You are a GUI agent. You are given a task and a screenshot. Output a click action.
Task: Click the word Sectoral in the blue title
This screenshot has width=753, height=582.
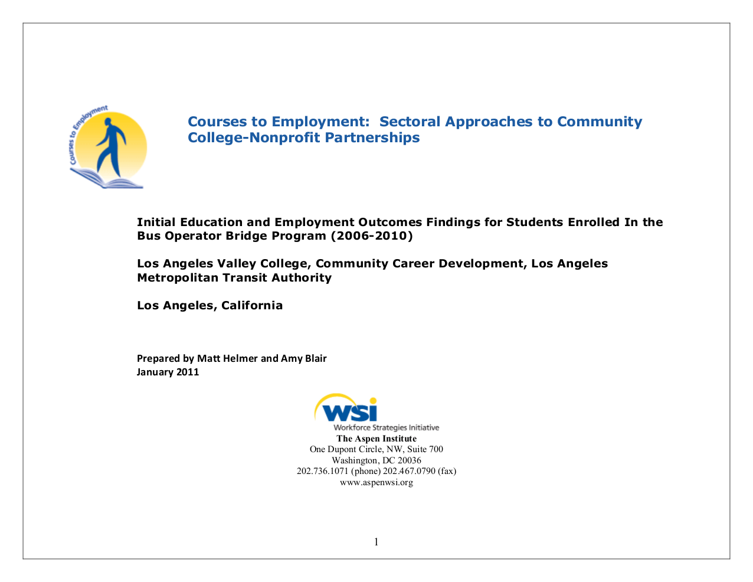click(410, 122)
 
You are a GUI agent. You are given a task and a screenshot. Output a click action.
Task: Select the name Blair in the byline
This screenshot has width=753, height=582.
click(315, 358)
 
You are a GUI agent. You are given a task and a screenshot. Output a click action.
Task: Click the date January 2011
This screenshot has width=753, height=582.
click(168, 372)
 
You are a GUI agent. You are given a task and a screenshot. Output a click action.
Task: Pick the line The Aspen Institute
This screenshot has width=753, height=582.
click(377, 439)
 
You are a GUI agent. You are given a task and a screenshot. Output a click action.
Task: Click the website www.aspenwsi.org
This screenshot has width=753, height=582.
click(377, 482)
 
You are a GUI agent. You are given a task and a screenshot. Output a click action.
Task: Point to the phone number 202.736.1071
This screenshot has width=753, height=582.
click(322, 471)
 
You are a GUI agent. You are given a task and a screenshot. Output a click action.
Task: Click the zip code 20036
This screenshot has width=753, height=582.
click(409, 460)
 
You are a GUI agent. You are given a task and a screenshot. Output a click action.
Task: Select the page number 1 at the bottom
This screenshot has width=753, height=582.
click(377, 542)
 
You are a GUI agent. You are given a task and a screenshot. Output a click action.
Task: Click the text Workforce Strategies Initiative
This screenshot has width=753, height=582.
click(386, 427)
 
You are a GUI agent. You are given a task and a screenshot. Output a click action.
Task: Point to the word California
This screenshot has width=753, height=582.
click(252, 306)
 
